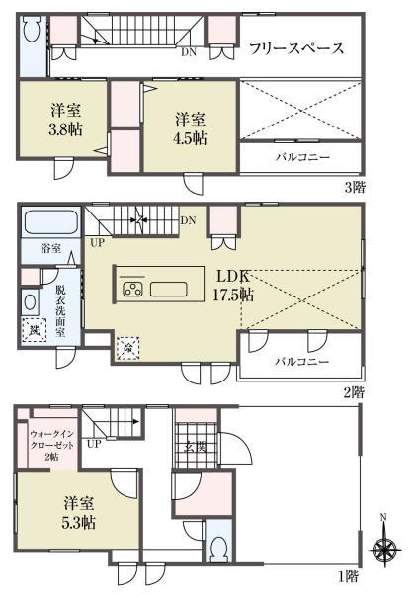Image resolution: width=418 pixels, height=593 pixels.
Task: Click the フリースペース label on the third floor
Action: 296,47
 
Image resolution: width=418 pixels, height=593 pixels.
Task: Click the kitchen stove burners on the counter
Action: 133,290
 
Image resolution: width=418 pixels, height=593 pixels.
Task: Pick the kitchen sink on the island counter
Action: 169,290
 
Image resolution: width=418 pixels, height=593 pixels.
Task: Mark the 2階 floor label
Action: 353,391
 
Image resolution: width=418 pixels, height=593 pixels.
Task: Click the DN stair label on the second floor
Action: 189,219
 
